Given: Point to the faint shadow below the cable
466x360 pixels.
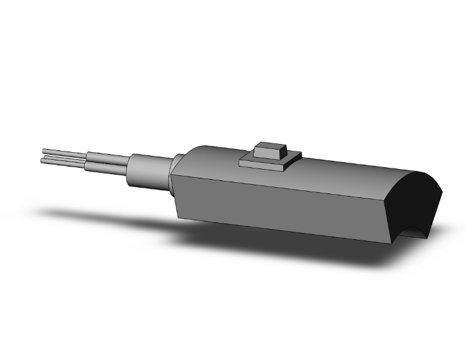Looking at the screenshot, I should tap(94, 216).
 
